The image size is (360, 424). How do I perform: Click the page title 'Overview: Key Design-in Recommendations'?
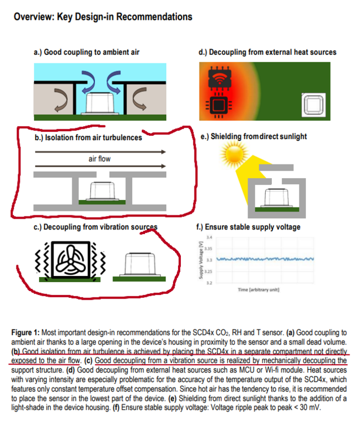coord(102,17)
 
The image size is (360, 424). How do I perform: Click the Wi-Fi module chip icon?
coord(217,79)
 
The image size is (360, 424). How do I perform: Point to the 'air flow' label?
coord(99,159)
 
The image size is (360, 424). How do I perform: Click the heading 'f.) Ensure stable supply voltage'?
coord(249,227)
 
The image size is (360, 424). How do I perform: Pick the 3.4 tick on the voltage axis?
coord(209,236)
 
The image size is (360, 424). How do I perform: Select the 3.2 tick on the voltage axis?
coord(209,282)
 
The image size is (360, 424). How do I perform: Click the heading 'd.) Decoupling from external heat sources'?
coord(267,53)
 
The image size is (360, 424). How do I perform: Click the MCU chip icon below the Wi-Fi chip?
coord(216,105)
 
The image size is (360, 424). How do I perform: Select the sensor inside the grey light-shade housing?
coord(276,196)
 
